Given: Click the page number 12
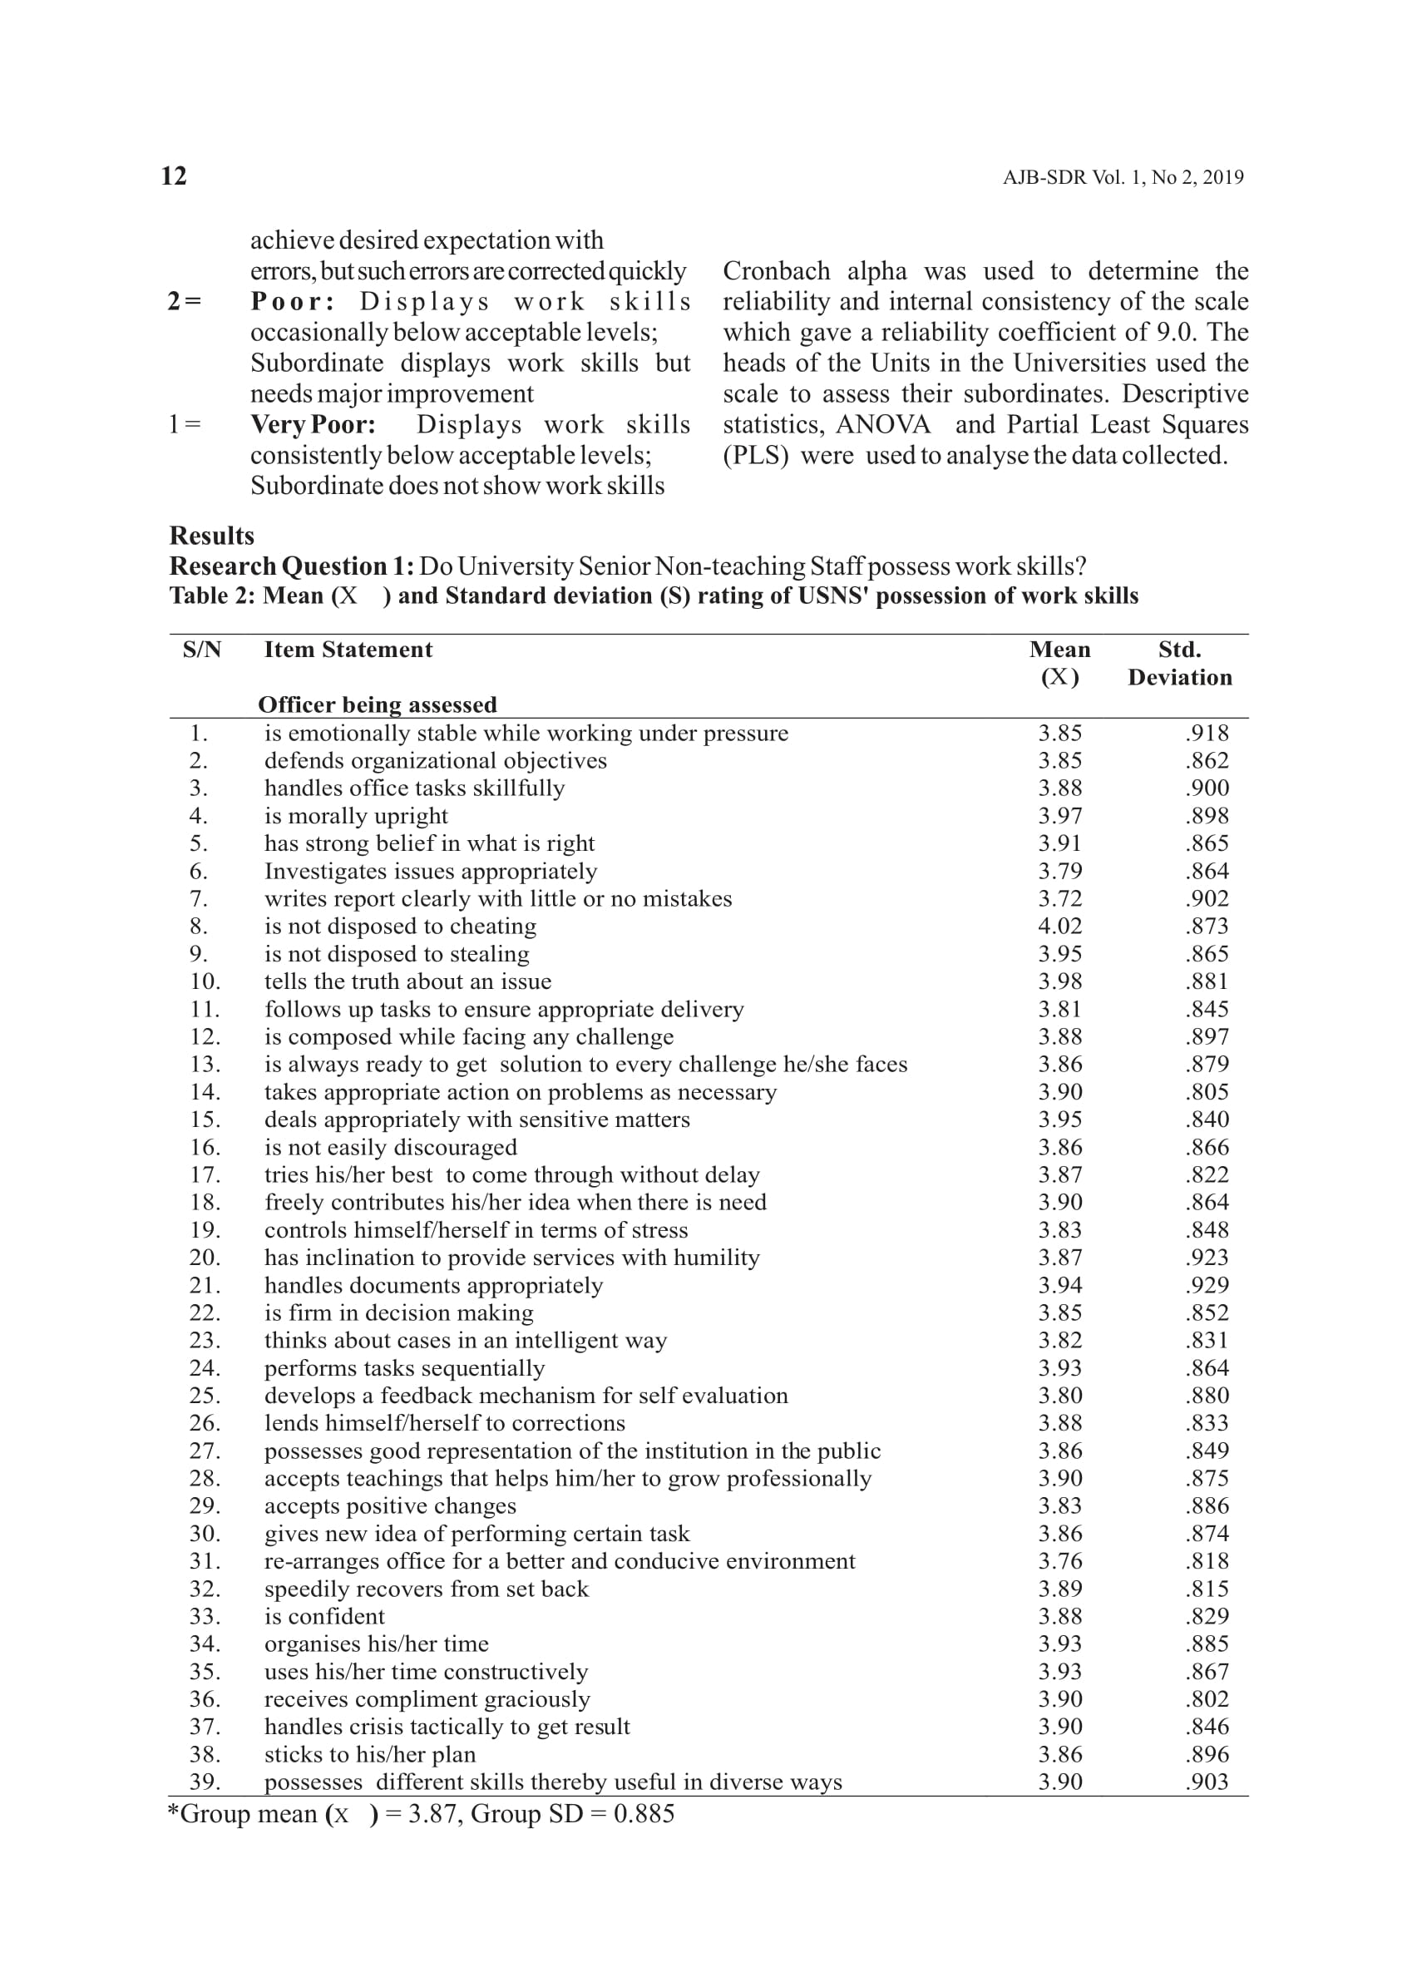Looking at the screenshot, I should point(174,176).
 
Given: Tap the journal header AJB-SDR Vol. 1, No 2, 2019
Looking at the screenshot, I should point(1122,178).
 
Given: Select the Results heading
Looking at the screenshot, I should point(212,535).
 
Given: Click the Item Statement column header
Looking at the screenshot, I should point(348,650).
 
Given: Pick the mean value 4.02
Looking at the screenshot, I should point(1059,926).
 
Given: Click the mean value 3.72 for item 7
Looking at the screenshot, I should point(1059,899).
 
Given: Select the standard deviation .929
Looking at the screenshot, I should point(1207,1285).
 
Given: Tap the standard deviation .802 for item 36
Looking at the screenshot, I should point(1207,1699).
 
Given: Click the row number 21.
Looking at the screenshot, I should point(205,1285).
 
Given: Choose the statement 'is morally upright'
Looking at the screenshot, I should point(356,816).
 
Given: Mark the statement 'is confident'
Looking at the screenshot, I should point(324,1616).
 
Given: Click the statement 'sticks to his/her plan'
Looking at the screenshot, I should point(370,1754).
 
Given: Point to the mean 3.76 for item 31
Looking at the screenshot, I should point(1059,1561).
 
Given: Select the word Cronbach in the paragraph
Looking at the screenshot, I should point(776,271).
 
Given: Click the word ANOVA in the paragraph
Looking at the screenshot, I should point(883,425).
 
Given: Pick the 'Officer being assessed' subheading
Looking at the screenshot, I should point(377,704).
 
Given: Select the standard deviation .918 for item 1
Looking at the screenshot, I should point(1207,733).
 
